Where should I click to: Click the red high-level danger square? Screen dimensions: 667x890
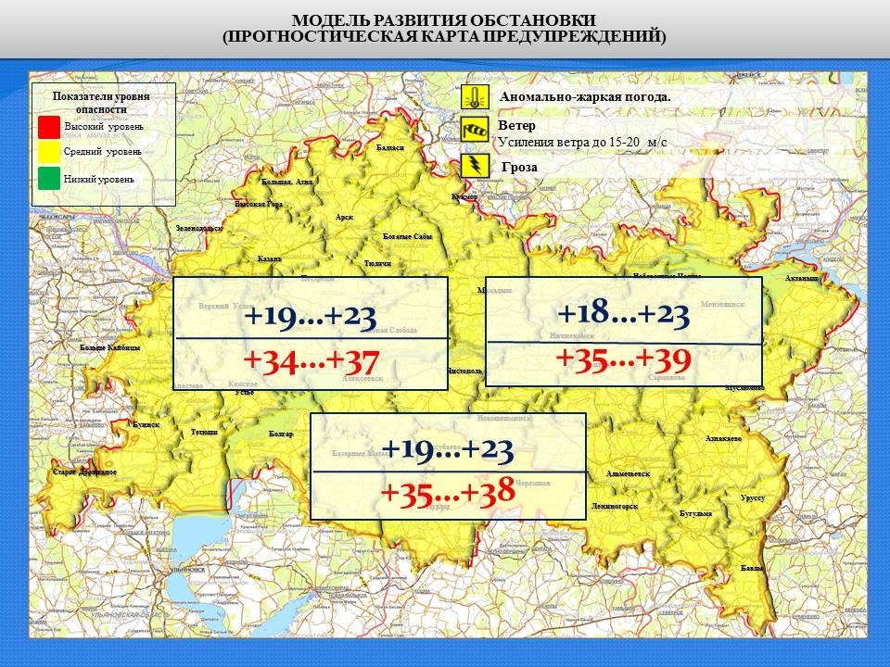pos(50,126)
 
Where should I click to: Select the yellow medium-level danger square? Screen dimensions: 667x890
pos(50,151)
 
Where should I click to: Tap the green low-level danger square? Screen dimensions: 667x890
pos(50,179)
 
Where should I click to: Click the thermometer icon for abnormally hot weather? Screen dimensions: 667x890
pos(475,97)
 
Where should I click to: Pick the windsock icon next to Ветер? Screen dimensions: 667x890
pos(475,131)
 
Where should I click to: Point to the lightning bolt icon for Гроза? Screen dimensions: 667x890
pos(475,166)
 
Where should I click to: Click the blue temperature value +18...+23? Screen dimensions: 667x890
pos(623,315)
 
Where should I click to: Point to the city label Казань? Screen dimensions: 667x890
pos(270,258)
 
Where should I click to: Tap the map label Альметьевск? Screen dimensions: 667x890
pos(628,473)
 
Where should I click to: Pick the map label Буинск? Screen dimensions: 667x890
pos(146,424)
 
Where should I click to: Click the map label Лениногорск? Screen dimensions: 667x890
pos(614,507)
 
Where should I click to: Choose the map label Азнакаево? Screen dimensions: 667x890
pos(723,437)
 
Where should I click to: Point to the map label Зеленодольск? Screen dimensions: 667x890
pos(199,228)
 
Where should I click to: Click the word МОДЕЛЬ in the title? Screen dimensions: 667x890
pos(331,20)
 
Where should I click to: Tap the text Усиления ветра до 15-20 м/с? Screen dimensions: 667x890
pos(582,142)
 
